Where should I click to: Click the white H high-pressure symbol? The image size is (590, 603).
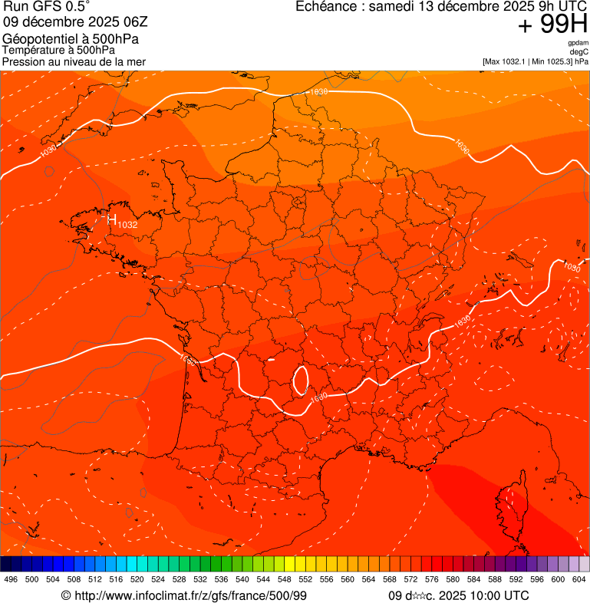tap(111, 220)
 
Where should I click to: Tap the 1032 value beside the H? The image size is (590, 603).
tap(127, 225)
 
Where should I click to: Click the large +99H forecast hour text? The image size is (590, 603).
tap(552, 25)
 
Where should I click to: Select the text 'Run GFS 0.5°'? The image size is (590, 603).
tap(45, 7)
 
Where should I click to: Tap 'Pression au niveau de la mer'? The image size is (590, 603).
tap(74, 61)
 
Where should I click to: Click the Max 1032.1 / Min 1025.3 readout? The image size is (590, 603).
tap(535, 61)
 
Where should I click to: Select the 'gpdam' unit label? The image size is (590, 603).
tap(578, 44)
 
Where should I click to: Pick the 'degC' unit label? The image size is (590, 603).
tap(579, 52)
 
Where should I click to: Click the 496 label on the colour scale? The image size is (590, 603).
tap(11, 579)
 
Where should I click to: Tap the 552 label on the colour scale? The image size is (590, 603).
tap(305, 579)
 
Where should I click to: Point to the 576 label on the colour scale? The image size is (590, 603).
tap(431, 579)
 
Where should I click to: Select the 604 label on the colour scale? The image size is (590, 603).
tap(578, 579)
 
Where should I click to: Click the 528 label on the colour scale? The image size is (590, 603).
tap(179, 579)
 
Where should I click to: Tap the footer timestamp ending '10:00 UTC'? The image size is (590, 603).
tap(458, 595)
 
